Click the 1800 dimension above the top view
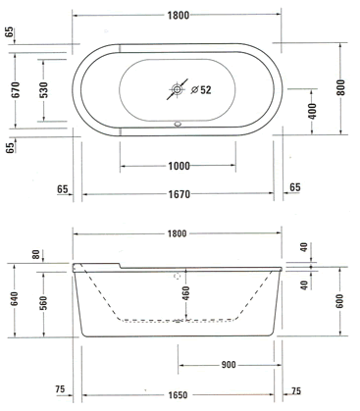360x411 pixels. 179,16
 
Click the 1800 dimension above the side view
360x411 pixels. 177,233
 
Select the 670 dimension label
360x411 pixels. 16,90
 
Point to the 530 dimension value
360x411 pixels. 44,90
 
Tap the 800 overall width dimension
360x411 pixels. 340,87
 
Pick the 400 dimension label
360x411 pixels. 312,111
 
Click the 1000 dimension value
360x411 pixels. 179,166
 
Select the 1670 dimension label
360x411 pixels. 179,194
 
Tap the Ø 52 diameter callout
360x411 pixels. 201,90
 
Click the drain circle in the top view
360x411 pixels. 177,89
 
